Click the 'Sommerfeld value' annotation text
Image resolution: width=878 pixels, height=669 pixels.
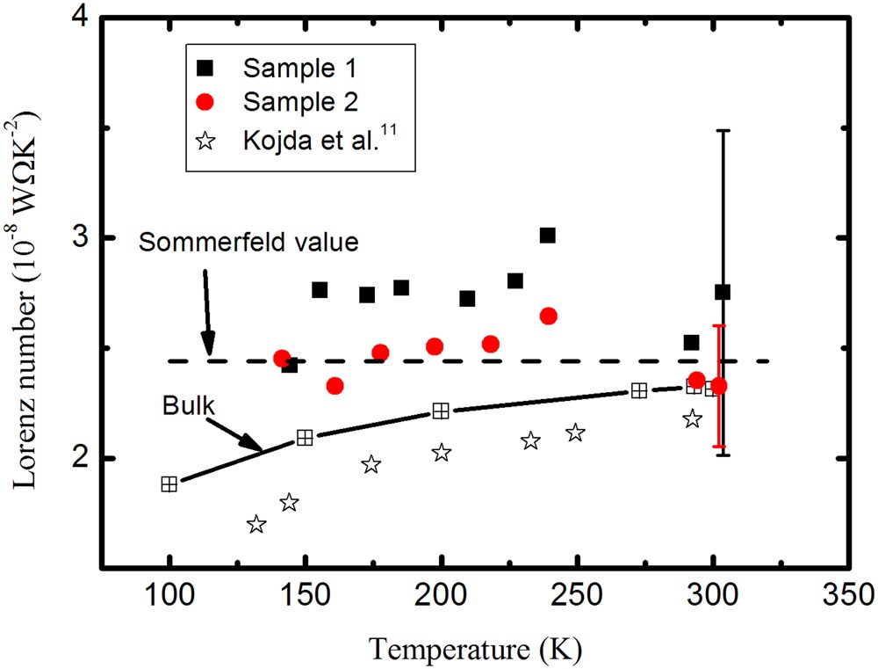249,243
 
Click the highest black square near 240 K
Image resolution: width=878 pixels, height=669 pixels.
548,235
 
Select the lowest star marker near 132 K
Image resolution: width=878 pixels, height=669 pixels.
256,525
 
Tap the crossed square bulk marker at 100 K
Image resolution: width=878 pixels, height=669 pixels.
169,484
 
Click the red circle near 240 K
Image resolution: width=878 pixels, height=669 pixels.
549,316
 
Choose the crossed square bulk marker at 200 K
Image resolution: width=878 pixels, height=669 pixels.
441,411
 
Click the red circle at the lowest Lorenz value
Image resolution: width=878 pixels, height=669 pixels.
335,386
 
